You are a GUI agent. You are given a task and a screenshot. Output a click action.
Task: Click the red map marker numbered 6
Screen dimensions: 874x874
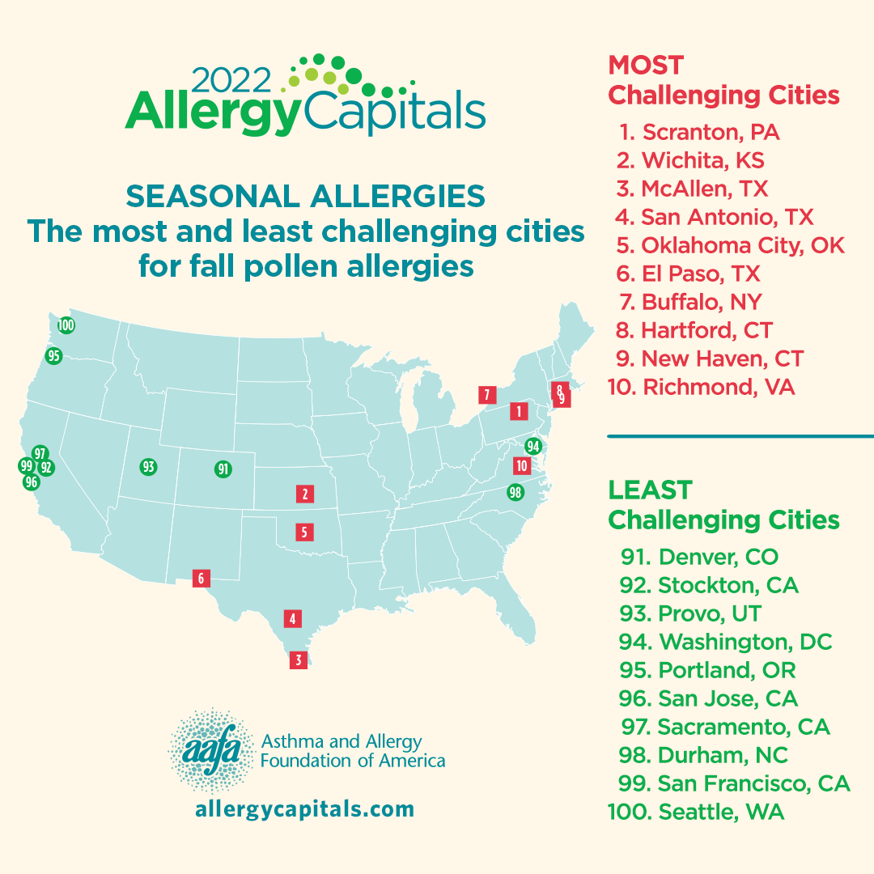[x=201, y=579]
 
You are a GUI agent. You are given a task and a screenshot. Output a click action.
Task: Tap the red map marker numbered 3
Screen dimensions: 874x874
[x=299, y=660]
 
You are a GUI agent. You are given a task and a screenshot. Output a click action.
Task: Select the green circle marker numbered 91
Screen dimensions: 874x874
[x=223, y=469]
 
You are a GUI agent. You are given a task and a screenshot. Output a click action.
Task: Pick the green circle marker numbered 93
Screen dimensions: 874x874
[x=147, y=467]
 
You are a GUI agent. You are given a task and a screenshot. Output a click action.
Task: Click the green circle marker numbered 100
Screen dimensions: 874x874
[x=66, y=325]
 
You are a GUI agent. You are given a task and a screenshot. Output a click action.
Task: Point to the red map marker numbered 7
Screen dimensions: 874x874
[x=486, y=395]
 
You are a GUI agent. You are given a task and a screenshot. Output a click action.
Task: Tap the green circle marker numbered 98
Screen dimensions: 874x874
[x=515, y=492]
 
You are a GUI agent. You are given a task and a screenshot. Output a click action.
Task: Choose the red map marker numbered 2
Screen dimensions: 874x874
[x=304, y=494]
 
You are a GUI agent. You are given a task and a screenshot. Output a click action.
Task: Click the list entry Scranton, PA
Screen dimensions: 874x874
[x=701, y=132]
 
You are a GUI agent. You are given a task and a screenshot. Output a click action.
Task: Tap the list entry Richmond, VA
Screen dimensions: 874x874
[x=701, y=387]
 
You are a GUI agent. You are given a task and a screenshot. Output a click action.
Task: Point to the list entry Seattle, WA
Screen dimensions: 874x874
[x=696, y=812]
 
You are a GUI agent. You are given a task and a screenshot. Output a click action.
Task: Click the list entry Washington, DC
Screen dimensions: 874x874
[x=725, y=642]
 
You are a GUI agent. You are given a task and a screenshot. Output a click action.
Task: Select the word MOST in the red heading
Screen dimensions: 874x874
[x=646, y=65]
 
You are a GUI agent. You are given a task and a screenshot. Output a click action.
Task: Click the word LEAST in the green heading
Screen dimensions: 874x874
[x=650, y=490]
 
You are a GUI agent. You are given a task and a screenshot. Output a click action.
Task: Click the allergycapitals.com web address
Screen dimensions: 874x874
[x=304, y=809]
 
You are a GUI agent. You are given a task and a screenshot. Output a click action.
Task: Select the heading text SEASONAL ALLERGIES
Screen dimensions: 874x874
[x=306, y=196]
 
